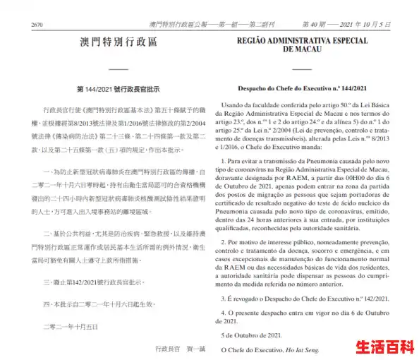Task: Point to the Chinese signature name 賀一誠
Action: point(193,349)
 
